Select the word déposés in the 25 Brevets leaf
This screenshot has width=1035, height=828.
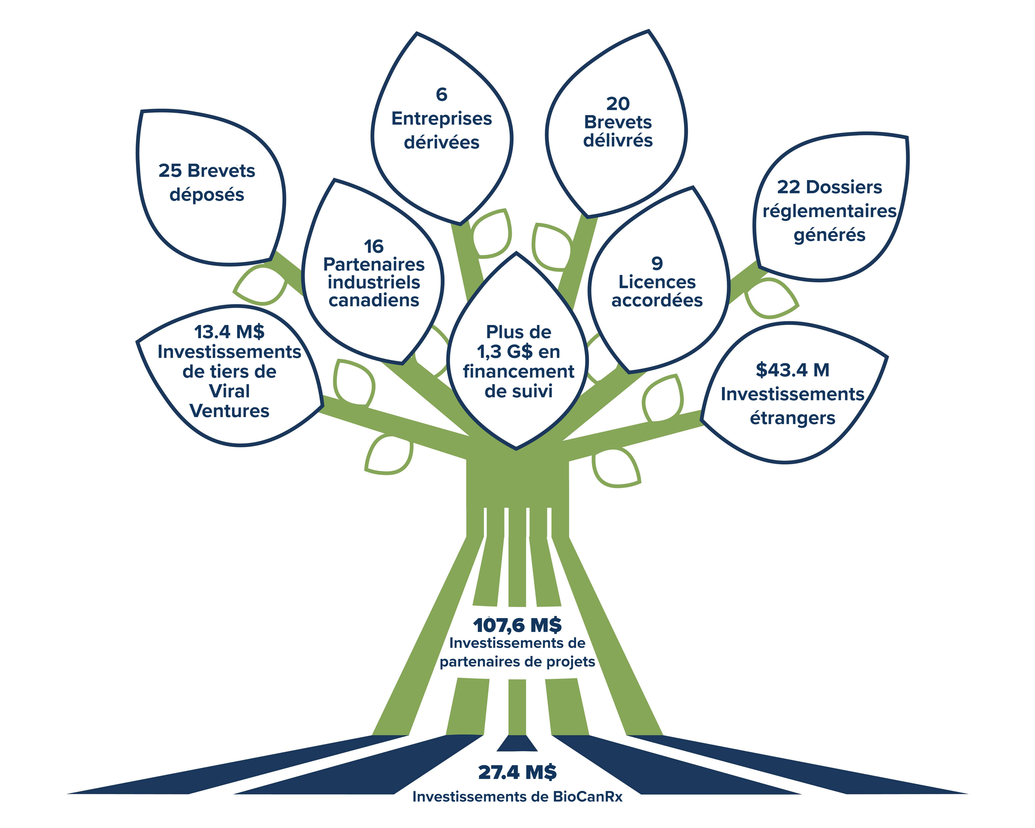point(207,195)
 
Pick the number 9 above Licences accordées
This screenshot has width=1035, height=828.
point(657,264)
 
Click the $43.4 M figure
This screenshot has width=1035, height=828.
point(793,370)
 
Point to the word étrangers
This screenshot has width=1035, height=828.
point(793,418)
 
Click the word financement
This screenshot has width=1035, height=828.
point(519,372)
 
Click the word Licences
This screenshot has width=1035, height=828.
point(657,282)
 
